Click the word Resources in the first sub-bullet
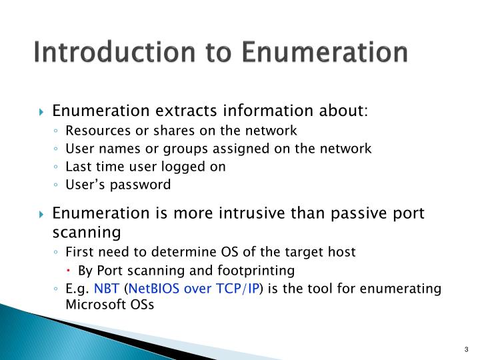click(x=93, y=131)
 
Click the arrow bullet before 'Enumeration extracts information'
click(x=42, y=110)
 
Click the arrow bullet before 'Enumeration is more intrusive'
click(x=42, y=215)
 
